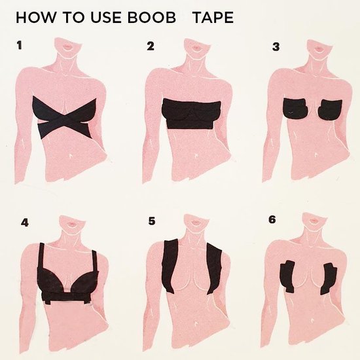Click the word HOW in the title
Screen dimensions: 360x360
tap(35, 18)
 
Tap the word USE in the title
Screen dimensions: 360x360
tap(106, 18)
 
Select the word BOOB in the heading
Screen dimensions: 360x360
tap(152, 18)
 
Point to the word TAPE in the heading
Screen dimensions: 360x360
tap(213, 18)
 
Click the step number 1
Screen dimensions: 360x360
tap(20, 45)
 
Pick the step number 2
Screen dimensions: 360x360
tap(151, 46)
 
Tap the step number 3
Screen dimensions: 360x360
tap(276, 47)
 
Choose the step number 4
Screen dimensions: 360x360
tap(25, 223)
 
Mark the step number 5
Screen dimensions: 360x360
tap(152, 221)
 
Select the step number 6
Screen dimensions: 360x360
tap(272, 219)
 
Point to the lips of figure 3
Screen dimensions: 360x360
tap(319, 49)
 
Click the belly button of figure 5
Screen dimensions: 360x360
tap(196, 323)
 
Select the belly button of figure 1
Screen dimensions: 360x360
tap(71, 156)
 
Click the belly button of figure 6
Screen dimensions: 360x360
tap(313, 320)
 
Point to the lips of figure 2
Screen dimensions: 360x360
tap(196, 48)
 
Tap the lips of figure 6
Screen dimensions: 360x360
tap(312, 221)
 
